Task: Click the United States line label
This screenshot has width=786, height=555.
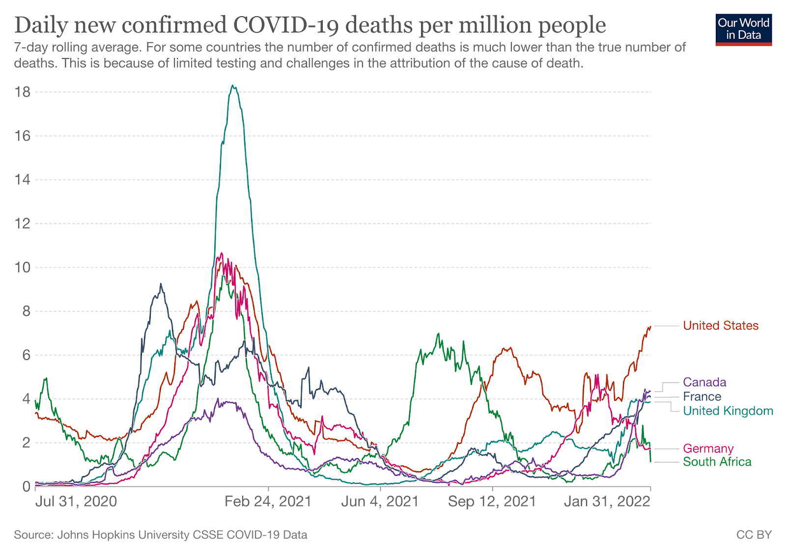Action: [721, 326]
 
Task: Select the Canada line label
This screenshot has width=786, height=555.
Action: [704, 382]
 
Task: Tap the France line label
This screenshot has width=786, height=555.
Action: [702, 396]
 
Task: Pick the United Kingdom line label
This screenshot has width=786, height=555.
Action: [728, 411]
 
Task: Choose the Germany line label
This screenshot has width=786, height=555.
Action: [708, 448]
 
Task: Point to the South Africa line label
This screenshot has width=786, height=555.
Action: [717, 462]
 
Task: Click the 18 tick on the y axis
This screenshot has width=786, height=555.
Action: [23, 92]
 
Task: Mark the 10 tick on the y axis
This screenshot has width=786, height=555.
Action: [23, 267]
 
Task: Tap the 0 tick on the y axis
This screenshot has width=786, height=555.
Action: [26, 486]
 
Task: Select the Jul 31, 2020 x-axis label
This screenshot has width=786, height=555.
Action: [76, 501]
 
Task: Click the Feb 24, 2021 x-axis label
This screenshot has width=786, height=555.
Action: [268, 501]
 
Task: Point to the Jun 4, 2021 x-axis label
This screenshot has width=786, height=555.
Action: [380, 501]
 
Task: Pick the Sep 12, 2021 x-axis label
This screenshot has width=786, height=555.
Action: [492, 501]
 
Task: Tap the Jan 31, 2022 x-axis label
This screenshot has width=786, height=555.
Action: [607, 501]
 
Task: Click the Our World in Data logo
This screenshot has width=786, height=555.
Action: [743, 29]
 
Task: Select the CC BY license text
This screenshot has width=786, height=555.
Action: [754, 535]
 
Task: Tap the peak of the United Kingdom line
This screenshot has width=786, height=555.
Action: [233, 86]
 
